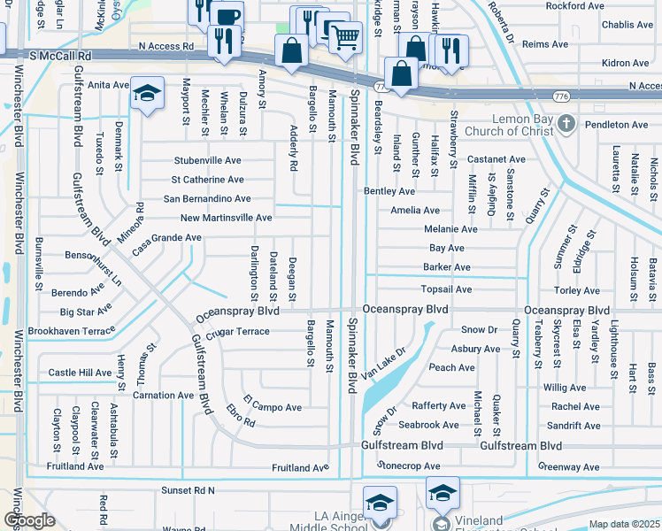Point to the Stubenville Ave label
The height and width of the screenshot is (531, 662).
point(207,161)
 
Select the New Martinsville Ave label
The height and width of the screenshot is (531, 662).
point(226,218)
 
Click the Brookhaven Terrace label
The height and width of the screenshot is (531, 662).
point(72,329)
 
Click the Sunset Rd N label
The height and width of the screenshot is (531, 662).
point(188,489)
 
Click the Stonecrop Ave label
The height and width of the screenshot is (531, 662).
point(408,466)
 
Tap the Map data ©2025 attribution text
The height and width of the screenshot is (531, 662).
point(624,524)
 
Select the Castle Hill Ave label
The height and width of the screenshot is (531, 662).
point(81,373)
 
